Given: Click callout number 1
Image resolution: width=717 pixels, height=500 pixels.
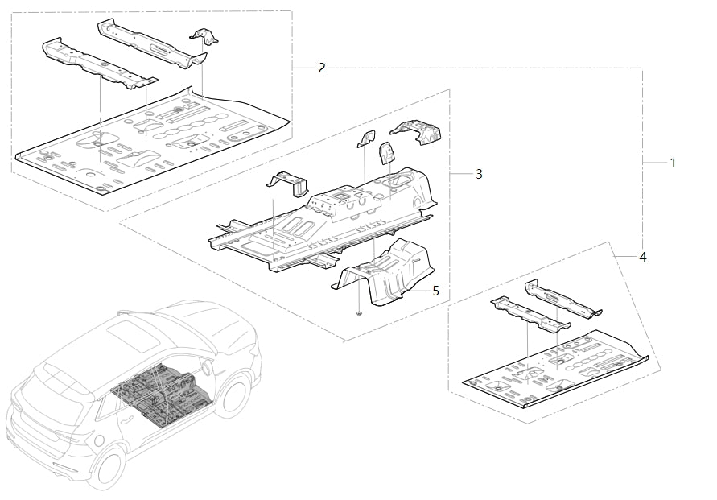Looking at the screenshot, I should [673, 163].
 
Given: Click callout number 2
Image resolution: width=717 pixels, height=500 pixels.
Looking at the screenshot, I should [322, 68].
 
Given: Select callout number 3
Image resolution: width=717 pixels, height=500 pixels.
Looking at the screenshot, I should [479, 174].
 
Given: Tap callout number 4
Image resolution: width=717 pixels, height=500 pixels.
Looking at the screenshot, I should [642, 258].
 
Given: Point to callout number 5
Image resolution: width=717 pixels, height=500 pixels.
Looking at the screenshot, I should [435, 291].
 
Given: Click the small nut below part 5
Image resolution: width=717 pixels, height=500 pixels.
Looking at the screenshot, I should [360, 312].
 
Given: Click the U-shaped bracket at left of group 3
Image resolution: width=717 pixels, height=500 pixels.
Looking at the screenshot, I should [289, 184].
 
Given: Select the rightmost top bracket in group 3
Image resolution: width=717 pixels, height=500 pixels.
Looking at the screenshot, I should [417, 132].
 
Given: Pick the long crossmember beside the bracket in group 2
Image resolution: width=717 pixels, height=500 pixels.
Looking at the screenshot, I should [149, 42].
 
